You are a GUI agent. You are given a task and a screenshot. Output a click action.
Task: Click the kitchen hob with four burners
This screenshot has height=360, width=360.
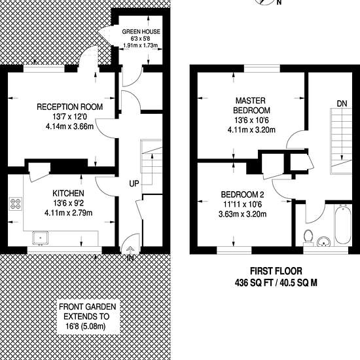(x=16, y=204)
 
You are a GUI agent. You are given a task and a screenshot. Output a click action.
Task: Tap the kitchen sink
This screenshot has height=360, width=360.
(x=41, y=238)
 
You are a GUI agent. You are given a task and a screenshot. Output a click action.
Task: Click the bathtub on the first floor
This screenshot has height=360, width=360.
(x=342, y=225)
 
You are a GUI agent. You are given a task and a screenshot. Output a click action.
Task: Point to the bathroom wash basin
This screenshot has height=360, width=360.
(x=324, y=242)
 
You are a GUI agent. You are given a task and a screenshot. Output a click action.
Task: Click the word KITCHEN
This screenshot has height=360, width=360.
(x=68, y=193)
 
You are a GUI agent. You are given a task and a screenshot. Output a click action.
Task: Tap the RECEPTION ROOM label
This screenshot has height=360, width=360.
(x=70, y=107)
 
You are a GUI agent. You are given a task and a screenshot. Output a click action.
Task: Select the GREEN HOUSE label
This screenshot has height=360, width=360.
(x=141, y=31)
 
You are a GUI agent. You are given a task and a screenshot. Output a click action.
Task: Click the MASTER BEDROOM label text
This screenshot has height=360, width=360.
(x=251, y=105)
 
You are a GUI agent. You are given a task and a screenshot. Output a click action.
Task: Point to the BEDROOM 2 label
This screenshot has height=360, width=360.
(x=242, y=194)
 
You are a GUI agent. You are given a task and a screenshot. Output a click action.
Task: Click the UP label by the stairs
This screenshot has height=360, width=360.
(x=134, y=184)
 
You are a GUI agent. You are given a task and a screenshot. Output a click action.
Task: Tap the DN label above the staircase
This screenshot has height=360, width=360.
(x=342, y=103)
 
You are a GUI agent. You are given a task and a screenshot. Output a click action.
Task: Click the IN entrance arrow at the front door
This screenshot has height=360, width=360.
(x=130, y=254)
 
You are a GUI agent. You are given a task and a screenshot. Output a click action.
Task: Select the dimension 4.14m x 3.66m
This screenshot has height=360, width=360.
(x=70, y=126)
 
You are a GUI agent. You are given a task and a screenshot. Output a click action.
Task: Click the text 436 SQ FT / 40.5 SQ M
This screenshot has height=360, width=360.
(x=276, y=283)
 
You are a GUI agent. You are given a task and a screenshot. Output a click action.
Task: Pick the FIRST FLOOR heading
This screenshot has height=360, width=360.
(x=276, y=271)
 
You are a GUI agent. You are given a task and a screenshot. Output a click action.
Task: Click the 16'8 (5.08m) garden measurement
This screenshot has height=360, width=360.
(x=86, y=326)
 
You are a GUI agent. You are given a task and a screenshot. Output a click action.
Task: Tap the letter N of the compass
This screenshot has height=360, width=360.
(x=279, y=3)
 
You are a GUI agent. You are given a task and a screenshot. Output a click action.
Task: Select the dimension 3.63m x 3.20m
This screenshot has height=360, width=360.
(x=242, y=214)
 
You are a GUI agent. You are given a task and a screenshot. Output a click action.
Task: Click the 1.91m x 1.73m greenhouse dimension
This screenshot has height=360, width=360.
(x=141, y=45)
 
